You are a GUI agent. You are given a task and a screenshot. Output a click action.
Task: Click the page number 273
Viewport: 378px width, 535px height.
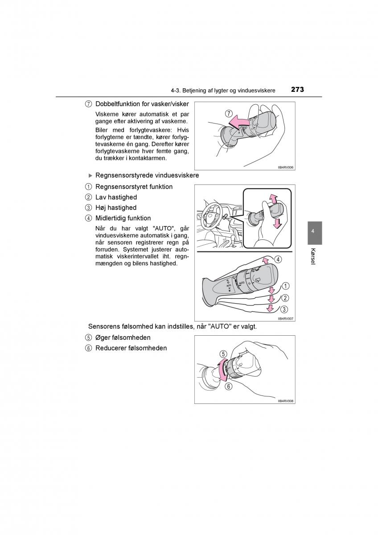[x=297, y=90]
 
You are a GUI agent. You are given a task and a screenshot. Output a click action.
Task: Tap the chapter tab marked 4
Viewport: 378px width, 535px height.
[x=313, y=231]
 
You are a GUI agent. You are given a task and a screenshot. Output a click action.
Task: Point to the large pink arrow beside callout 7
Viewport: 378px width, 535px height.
[x=238, y=120]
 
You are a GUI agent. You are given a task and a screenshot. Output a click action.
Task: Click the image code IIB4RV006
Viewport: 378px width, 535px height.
[x=285, y=167]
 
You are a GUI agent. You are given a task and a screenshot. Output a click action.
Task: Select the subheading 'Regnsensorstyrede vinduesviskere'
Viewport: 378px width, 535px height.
[x=147, y=176]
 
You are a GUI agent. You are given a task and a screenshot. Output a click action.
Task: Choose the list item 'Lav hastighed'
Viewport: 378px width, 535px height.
[x=116, y=197]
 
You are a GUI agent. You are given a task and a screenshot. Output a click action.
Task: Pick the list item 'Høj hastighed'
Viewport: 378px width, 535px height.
[x=116, y=208]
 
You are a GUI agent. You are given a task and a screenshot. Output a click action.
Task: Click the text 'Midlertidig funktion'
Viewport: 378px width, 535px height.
[x=123, y=218]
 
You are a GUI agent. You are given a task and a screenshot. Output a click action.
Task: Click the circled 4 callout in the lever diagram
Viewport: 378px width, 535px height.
[x=278, y=259]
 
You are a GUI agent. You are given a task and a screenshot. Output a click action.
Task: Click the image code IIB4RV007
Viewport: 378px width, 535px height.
[x=285, y=319]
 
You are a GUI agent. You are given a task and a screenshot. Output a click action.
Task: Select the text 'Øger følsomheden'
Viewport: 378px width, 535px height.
[x=123, y=337]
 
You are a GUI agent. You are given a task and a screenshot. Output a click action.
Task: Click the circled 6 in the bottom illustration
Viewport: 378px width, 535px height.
[x=229, y=387]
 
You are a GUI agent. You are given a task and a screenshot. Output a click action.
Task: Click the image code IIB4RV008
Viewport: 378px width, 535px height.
[x=285, y=401]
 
